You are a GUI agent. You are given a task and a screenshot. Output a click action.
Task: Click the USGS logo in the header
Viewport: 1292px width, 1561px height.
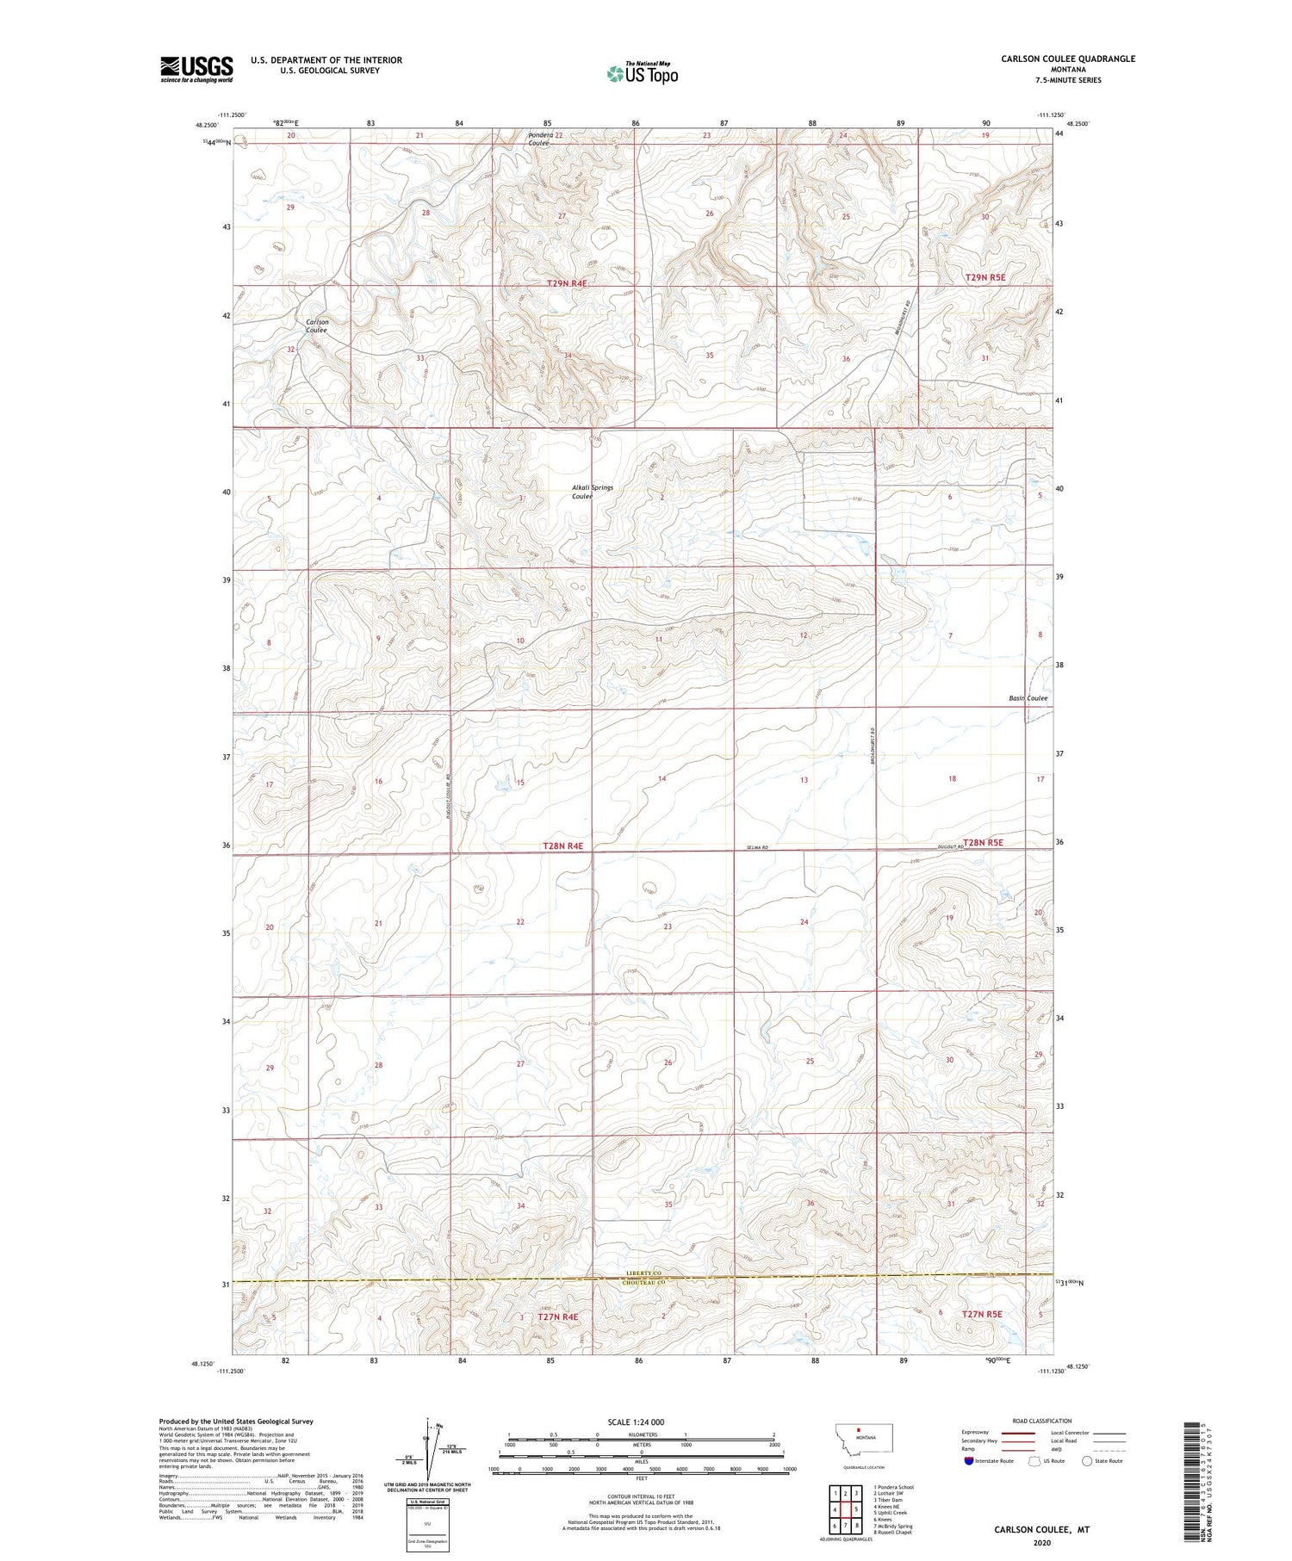(196, 69)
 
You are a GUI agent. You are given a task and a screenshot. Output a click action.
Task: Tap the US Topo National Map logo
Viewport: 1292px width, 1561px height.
(642, 74)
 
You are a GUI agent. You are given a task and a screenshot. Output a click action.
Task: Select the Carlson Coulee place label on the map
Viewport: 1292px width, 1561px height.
(316, 325)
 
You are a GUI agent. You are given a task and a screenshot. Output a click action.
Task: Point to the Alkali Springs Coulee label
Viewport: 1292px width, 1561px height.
(593, 492)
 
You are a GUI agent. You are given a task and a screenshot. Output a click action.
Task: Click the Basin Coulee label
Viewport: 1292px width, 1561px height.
(1028, 698)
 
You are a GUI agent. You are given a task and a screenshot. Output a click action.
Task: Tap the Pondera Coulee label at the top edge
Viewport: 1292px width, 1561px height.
(540, 139)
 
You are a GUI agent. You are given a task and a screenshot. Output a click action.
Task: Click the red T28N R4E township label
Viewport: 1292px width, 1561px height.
(563, 846)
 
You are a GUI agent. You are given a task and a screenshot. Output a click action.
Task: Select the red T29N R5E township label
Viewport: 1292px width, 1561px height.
(985, 277)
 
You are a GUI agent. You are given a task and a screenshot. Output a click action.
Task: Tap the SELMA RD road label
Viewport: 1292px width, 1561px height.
(758, 849)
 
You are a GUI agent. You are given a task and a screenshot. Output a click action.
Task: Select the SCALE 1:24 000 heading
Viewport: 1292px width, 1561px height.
(637, 1422)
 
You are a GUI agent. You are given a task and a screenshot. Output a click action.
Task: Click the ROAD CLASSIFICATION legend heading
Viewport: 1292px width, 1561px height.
(1042, 1421)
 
